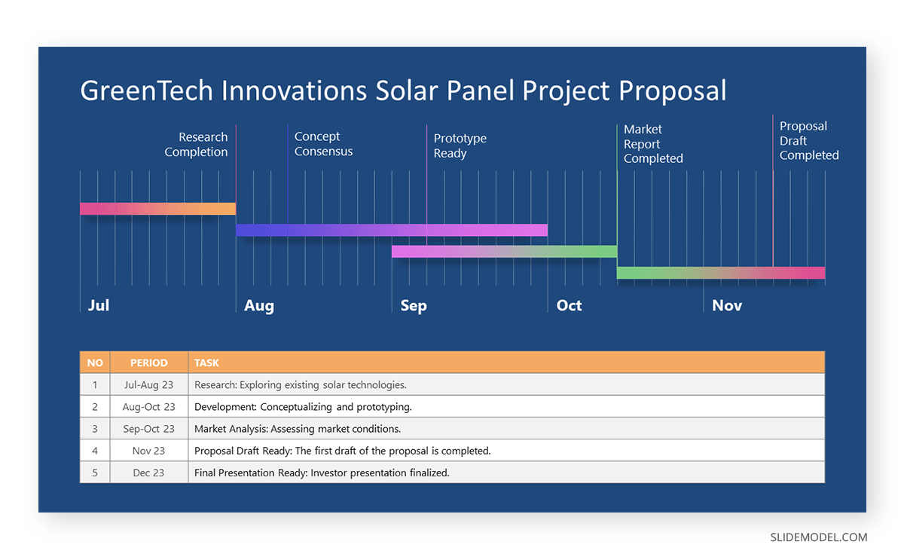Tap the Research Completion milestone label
coord(196,145)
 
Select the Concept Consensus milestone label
coord(323,144)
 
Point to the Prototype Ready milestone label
coord(460,145)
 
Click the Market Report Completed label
coord(653,144)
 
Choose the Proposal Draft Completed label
coord(808,141)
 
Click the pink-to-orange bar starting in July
coord(157,209)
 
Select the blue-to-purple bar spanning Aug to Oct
coord(392,230)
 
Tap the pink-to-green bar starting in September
coord(504,252)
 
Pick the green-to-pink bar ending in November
coord(720,273)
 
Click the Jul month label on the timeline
coord(99,305)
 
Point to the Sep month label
coord(414,305)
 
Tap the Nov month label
coord(727,305)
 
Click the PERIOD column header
coord(148,363)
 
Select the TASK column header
coord(206,363)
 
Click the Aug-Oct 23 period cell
coord(148,407)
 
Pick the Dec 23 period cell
coord(148,473)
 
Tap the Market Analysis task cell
coord(297,429)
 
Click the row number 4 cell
coord(95,451)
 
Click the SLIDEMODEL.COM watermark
coord(818,537)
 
